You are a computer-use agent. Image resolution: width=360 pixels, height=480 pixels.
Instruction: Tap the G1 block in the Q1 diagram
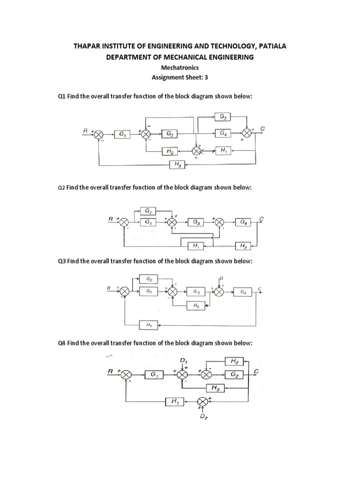tap(122, 134)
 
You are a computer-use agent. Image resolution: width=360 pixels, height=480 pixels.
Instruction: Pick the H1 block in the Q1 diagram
tap(222, 150)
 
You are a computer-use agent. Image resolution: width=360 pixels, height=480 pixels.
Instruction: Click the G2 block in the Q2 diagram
tap(148, 212)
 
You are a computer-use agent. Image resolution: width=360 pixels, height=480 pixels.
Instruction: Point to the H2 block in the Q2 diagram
tap(243, 245)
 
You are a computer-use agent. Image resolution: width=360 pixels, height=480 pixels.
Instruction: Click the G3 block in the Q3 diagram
tap(196, 292)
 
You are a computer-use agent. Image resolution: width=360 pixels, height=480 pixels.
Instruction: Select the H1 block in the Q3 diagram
tap(149, 324)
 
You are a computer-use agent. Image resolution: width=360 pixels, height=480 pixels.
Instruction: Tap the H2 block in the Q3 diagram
tap(196, 305)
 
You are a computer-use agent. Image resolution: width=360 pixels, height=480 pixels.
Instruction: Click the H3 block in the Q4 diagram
tap(216, 388)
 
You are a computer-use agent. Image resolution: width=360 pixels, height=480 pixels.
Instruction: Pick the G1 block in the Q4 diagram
tap(154, 375)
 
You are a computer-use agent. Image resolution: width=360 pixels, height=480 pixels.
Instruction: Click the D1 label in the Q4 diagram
tap(184, 360)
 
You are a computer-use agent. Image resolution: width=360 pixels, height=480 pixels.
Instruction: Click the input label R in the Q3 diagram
tap(108, 287)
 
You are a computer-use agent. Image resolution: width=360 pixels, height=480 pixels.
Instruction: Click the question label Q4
tap(61, 344)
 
